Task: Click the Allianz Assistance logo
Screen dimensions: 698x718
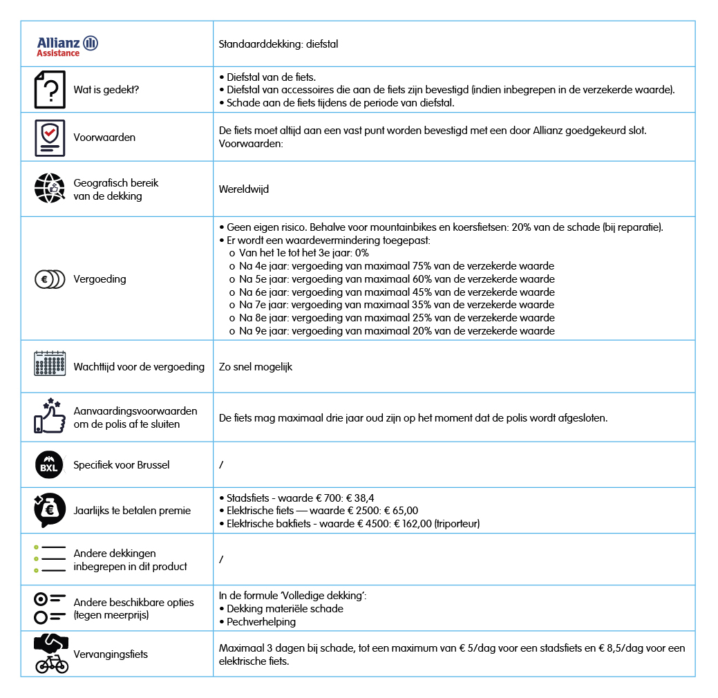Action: pos(67,46)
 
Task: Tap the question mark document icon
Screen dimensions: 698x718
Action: pos(50,90)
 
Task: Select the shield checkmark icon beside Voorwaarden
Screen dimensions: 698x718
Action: pos(50,137)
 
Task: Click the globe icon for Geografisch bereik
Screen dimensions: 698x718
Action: pos(50,189)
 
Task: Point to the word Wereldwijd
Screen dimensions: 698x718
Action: pos(244,189)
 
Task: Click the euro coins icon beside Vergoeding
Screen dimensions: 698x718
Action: pos(50,279)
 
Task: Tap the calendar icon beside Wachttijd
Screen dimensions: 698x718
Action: pos(50,364)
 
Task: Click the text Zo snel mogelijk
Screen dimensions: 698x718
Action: pos(256,367)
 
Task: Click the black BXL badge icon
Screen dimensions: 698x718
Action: pos(49,464)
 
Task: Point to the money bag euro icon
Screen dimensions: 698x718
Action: pos(50,510)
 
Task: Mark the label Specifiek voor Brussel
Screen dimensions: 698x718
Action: pos(122,464)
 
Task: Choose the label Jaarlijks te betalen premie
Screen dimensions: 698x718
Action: pos(132,511)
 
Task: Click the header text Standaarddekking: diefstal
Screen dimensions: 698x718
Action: pos(278,44)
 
